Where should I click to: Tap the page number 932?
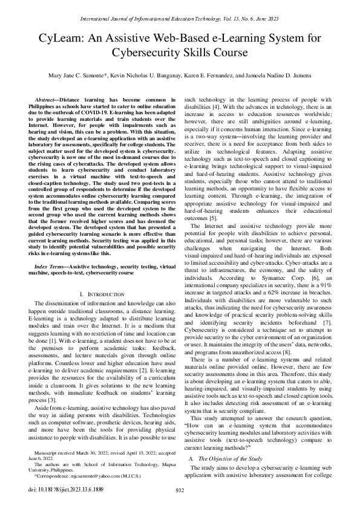pyautogui.click(x=180, y=490)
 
